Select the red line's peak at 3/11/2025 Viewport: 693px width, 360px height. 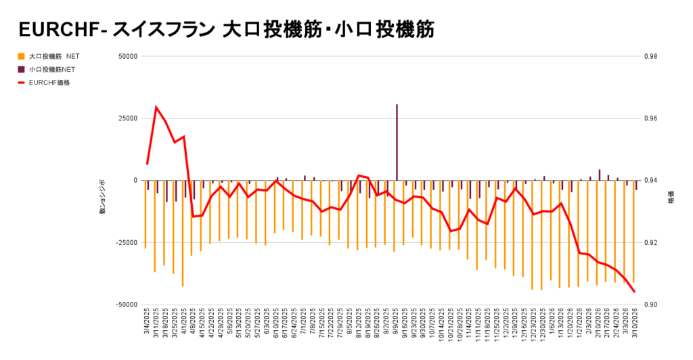[x=156, y=107]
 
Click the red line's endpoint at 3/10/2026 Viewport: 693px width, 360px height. [x=634, y=292]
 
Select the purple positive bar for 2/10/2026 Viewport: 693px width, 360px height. [x=600, y=175]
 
